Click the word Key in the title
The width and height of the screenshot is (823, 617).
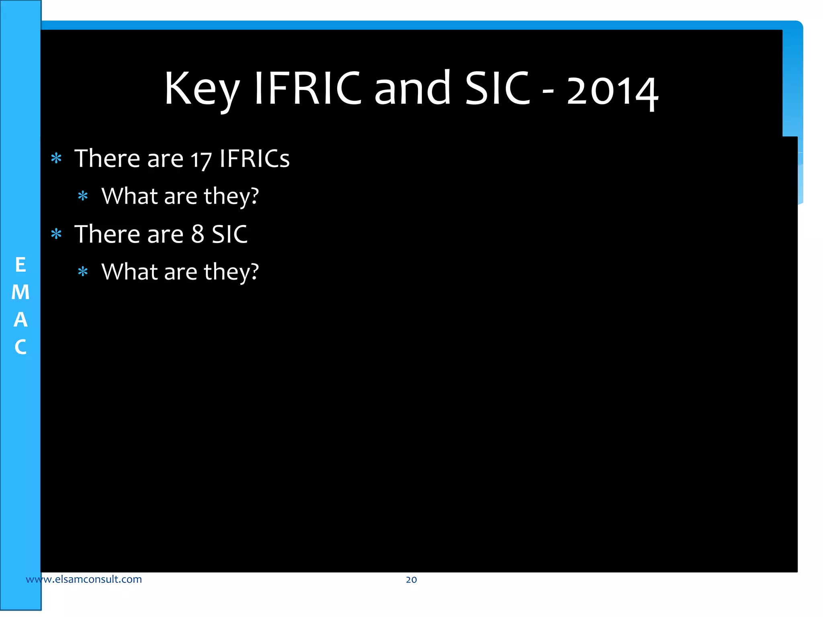coord(202,89)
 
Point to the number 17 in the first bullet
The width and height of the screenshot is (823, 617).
coord(201,159)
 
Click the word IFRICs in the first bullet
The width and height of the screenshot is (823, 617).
coord(254,158)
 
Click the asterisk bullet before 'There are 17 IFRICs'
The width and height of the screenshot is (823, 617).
coord(56,158)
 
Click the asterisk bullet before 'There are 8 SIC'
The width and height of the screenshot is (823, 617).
coord(56,234)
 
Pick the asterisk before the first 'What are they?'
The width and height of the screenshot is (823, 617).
coord(83,196)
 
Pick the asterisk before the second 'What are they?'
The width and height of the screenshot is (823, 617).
coord(83,272)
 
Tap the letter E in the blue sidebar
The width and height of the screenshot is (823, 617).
coord(20,265)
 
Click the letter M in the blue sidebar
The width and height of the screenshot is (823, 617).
coord(20,292)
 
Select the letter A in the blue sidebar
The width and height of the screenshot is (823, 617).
coord(20,320)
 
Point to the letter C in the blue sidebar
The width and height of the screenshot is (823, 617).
coord(20,347)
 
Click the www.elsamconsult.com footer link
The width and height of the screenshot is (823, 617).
coord(84,579)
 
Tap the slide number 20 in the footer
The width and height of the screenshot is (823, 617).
coord(411,580)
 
